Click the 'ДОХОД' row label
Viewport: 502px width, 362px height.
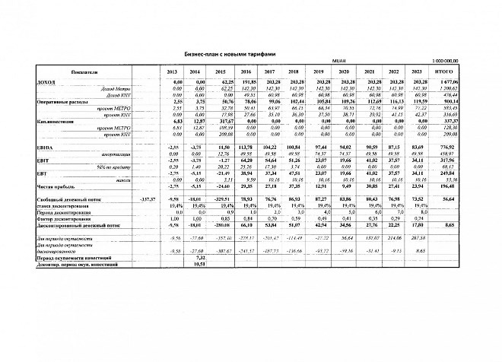(36, 81)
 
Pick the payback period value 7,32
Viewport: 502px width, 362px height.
(191, 256)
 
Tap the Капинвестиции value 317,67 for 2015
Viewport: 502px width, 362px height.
(224, 120)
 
